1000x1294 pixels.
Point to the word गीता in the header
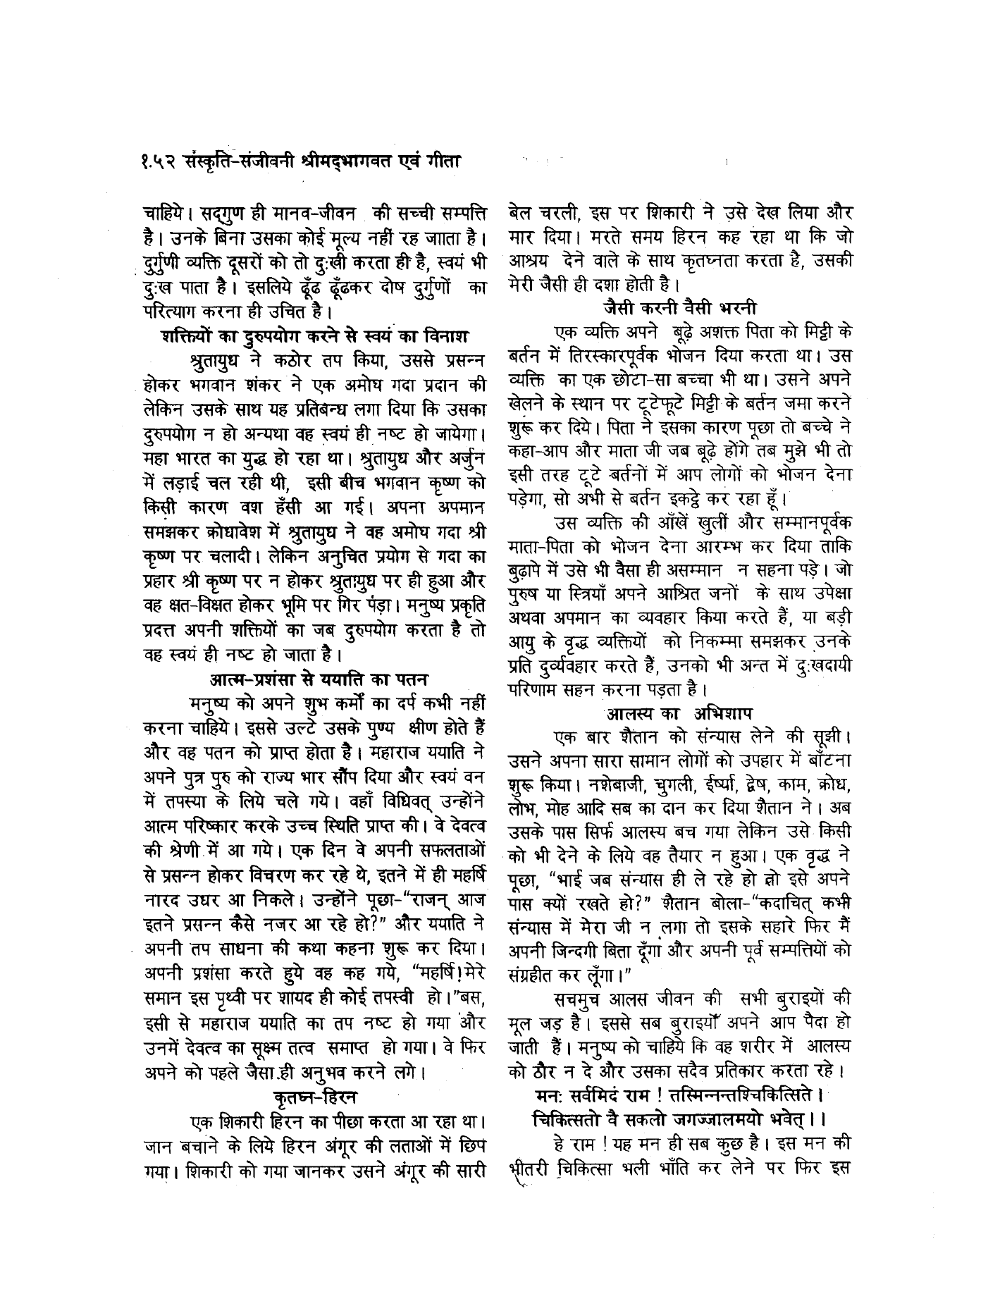click(443, 161)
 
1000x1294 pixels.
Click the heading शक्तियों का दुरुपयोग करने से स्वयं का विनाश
click(316, 334)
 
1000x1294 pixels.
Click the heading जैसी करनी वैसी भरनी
click(679, 307)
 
